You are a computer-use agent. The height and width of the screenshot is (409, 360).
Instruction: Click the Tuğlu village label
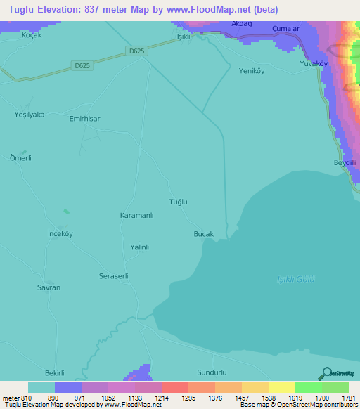179,202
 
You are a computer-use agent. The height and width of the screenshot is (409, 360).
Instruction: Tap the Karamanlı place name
136,215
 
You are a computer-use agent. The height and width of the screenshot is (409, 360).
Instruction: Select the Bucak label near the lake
202,233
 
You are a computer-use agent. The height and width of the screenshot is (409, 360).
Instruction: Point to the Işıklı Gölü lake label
295,280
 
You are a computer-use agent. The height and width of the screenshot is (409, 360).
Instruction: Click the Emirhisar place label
84,119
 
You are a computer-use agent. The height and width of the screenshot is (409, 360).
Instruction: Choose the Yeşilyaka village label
30,114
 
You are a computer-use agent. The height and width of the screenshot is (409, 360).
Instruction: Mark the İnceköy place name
60,233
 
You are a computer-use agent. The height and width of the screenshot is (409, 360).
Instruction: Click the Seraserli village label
113,276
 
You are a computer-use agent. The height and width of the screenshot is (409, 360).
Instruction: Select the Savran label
49,287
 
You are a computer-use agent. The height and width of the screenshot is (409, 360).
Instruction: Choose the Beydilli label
345,163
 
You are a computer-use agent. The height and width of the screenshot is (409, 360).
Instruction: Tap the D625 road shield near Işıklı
137,50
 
